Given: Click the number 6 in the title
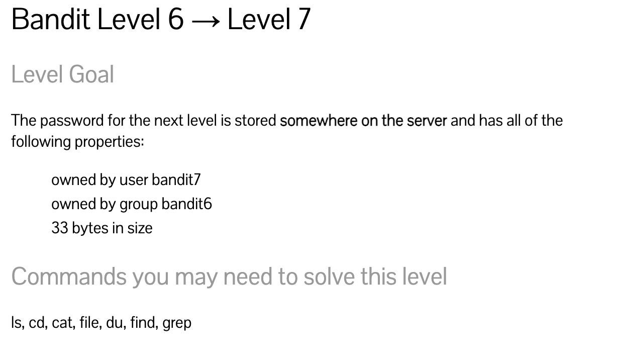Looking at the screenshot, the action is point(175,20).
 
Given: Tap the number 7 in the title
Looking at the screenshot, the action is point(303,20).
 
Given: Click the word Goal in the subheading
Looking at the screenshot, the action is point(91,75).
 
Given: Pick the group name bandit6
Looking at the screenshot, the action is point(186,204).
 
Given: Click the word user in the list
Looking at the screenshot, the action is point(134,179).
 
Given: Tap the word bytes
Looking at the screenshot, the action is point(90,228).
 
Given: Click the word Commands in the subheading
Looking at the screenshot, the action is point(68,277).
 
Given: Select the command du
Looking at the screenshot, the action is point(115,322).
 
